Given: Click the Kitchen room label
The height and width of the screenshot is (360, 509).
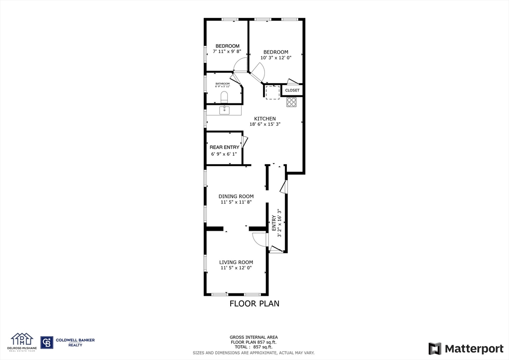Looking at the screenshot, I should [265, 119].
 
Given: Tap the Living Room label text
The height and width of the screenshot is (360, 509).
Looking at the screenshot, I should [236, 263].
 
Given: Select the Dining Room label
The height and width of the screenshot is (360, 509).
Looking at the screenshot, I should [236, 196].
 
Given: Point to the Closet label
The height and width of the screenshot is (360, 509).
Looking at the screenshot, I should [292, 90].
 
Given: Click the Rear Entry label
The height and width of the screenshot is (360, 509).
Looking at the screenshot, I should [224, 147].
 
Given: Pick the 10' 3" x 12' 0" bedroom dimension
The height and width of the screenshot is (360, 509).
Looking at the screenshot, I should [276, 58].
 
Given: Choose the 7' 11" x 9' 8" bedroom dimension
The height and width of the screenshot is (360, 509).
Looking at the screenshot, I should [227, 51].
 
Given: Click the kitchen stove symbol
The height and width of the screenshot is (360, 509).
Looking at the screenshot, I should [292, 102].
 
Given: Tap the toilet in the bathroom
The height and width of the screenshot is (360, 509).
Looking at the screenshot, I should [224, 96].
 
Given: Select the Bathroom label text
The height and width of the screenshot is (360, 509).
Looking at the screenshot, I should [223, 84].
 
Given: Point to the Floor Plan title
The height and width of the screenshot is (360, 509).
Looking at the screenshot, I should [254, 303].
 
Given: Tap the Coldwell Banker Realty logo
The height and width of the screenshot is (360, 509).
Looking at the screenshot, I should [68, 342].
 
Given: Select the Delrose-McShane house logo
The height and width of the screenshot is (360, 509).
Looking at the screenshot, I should [22, 341].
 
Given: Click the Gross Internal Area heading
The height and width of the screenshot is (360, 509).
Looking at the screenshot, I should [254, 337].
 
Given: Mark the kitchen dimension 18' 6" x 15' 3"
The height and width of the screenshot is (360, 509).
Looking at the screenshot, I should [265, 125].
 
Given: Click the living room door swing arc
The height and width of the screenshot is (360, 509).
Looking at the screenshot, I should [258, 240].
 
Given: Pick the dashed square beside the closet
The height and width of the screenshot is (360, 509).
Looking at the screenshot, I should [272, 92].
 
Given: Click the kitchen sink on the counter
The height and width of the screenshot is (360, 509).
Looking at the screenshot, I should [224, 110].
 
